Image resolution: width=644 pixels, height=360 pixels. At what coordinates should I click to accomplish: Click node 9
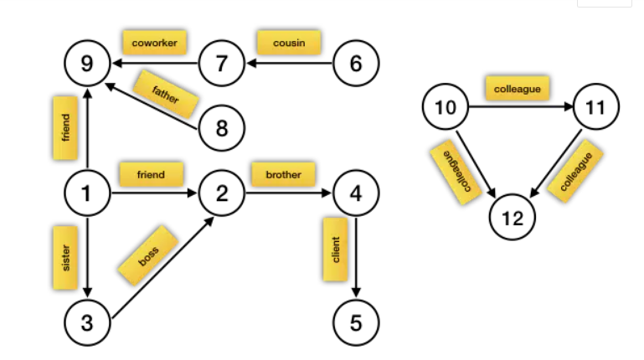[x=88, y=64]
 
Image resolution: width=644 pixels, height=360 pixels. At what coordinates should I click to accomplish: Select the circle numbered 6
[x=356, y=64]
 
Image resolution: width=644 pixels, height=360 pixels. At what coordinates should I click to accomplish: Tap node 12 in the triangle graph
[x=512, y=219]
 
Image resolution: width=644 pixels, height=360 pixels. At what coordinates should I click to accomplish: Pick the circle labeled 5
[x=356, y=322]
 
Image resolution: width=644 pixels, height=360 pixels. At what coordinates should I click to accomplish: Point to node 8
[x=222, y=128]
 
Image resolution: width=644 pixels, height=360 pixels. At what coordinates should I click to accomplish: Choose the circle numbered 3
[x=88, y=322]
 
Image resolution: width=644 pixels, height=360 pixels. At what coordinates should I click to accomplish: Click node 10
[x=445, y=107]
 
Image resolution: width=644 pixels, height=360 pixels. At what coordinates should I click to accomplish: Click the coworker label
[x=153, y=41]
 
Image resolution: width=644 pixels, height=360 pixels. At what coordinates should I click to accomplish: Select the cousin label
[x=289, y=41]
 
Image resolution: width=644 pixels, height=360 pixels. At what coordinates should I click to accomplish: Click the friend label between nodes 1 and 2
[x=151, y=174]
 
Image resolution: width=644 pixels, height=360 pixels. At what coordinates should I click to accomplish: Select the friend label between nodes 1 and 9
[x=66, y=129]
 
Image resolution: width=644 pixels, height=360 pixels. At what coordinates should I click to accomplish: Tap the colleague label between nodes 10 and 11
[x=517, y=87]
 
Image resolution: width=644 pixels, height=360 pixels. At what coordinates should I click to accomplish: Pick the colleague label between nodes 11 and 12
[x=576, y=172]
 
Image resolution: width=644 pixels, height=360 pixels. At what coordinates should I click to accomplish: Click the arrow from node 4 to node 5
[x=357, y=268]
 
